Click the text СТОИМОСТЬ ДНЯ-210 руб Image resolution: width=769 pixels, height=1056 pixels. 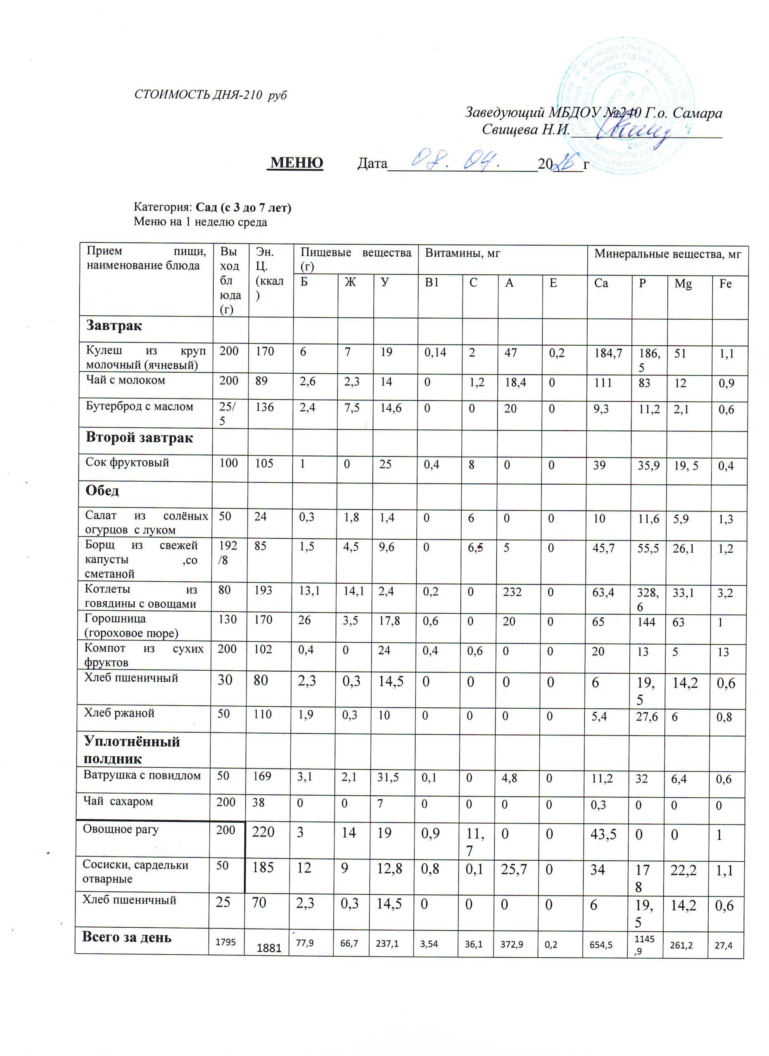point(210,94)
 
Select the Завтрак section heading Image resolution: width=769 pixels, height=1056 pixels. point(114,325)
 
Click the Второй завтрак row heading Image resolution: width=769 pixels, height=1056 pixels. point(139,438)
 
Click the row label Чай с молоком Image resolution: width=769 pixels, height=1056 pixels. point(126,380)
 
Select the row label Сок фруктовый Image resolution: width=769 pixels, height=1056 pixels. point(127,462)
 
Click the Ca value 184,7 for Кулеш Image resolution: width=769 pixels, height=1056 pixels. point(608,353)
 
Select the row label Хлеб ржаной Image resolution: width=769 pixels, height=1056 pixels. point(119,713)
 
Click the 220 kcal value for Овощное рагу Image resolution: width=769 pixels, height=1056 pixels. point(263,832)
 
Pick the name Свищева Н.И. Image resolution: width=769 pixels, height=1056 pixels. point(526,130)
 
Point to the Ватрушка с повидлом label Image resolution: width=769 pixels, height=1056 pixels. point(142,775)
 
